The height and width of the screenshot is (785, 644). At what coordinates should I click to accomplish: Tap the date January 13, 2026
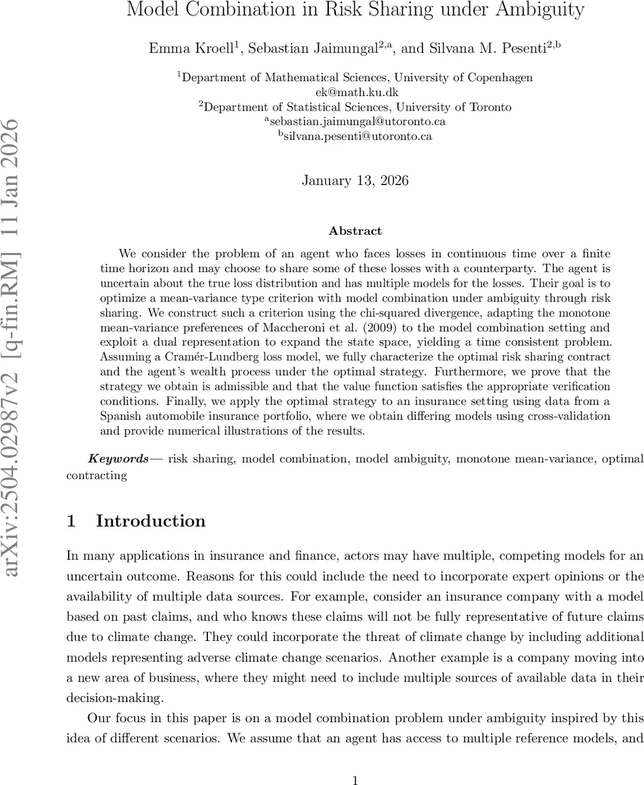(x=355, y=181)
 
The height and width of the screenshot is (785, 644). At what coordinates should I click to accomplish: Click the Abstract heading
(x=355, y=231)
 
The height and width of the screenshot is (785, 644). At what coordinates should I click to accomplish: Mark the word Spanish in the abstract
(x=121, y=416)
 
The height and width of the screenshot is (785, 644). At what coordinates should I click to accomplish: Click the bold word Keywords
(x=118, y=459)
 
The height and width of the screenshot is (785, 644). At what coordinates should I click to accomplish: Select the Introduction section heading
(x=150, y=521)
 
